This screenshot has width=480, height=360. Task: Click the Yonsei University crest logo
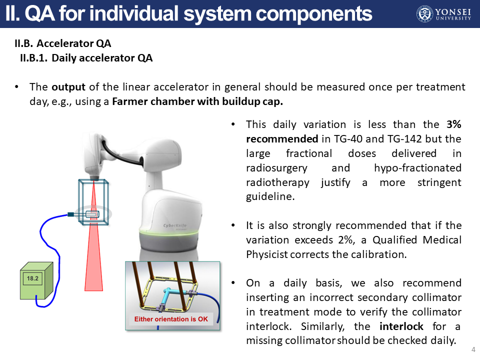(x=425, y=14)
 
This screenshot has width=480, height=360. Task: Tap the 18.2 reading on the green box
(x=32, y=278)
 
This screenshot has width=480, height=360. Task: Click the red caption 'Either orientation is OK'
(x=171, y=319)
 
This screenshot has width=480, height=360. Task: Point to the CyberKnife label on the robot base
(x=175, y=225)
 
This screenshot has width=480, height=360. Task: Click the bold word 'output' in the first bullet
(x=68, y=87)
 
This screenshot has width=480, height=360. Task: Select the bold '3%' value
(x=453, y=124)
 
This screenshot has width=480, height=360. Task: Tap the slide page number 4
(x=473, y=349)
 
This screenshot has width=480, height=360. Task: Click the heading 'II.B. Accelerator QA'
(x=63, y=43)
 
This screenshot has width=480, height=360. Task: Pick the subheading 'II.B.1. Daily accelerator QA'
(x=86, y=58)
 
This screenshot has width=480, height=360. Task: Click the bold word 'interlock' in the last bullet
(x=401, y=326)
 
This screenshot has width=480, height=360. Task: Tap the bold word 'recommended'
(x=282, y=139)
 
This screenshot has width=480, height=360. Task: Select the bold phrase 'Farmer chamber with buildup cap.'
(x=197, y=101)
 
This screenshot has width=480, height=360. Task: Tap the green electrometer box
(x=36, y=280)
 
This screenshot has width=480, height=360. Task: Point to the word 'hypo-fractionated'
(x=417, y=168)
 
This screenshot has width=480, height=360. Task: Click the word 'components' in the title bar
(x=314, y=14)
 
